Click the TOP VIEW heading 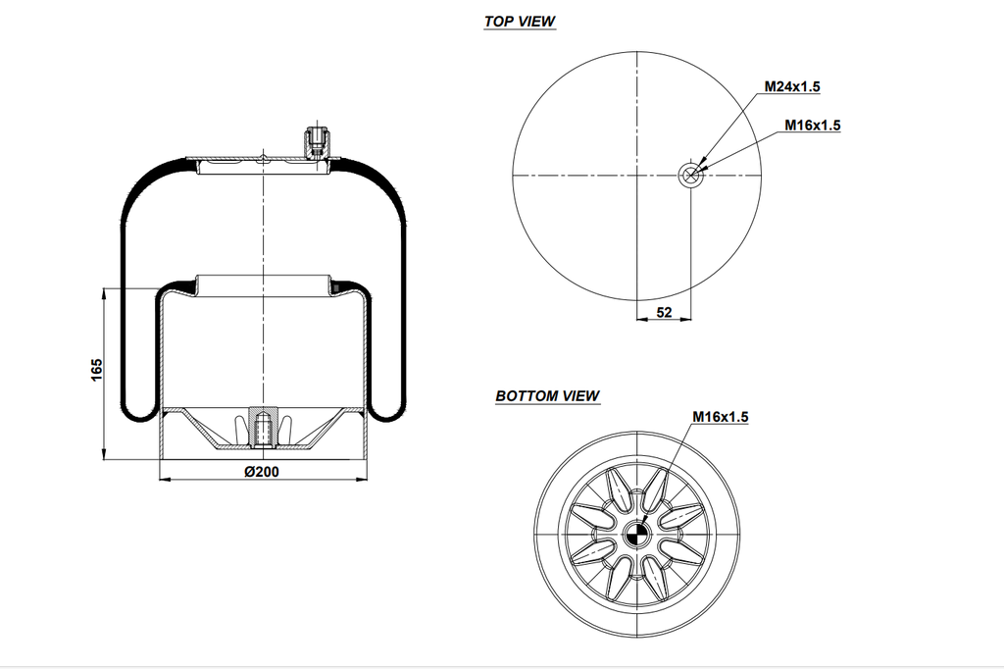coord(520,22)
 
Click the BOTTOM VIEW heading coord(547,396)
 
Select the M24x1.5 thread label coord(792,86)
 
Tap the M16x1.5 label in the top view coord(813,125)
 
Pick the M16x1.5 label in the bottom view coord(721,417)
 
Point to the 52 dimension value coord(664,312)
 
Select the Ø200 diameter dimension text coord(260,471)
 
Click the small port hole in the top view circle coord(690,176)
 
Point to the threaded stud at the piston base coord(262,428)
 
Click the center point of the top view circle coord(637,176)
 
